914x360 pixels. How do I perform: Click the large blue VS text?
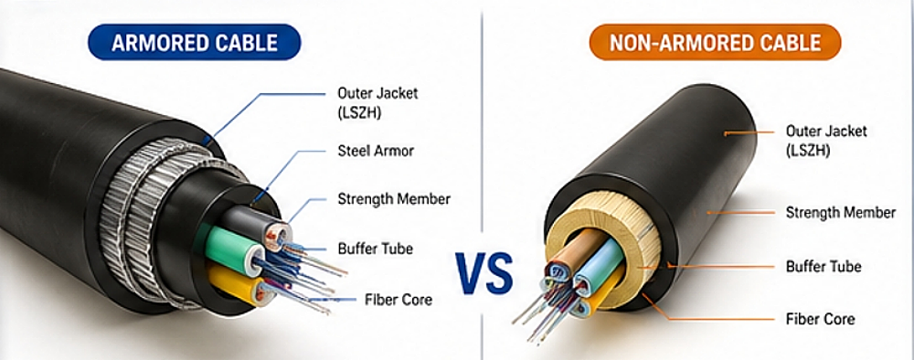pos(486,270)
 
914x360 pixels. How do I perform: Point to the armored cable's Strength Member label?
pos(394,198)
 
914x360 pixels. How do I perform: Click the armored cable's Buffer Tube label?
pos(375,248)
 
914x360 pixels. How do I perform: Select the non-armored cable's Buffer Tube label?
pos(824,266)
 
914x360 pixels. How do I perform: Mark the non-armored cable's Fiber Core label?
pos(820,319)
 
